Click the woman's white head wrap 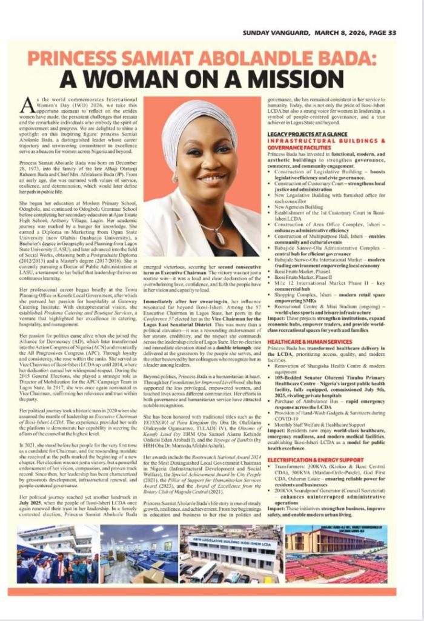pos(200,122)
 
